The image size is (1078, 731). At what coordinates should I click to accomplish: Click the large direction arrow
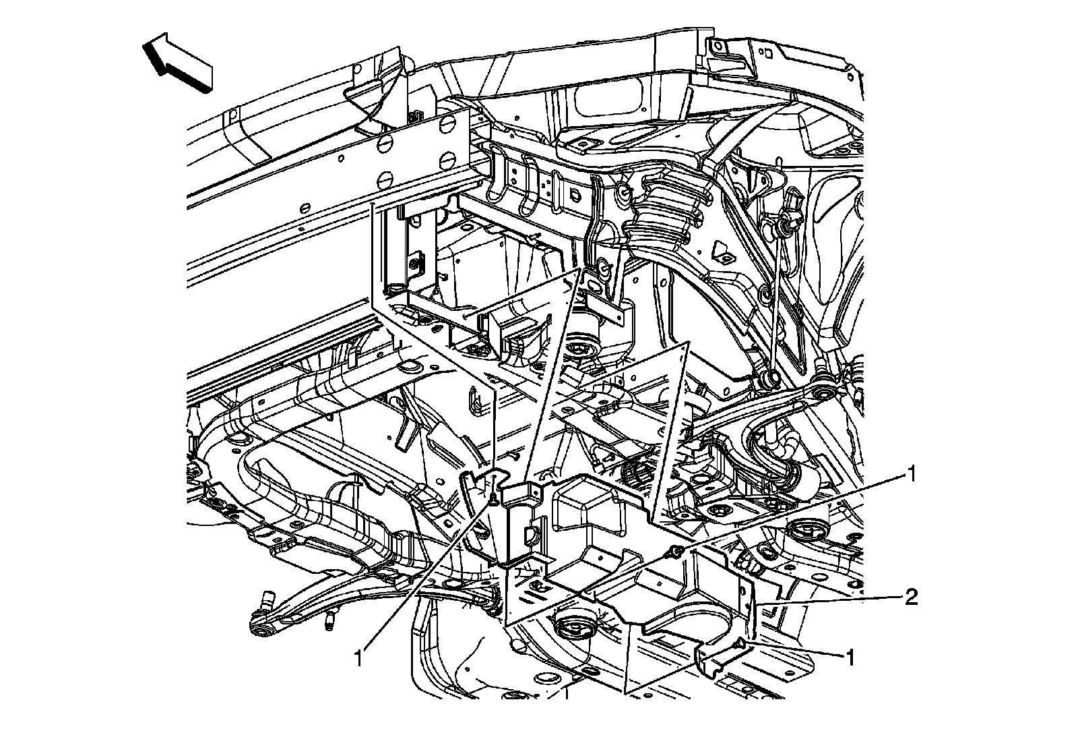tap(177, 64)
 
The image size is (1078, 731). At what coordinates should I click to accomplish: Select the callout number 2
tap(910, 597)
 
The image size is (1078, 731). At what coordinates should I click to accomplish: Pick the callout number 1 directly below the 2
tap(851, 657)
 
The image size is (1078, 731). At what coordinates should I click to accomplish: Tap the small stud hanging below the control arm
tap(331, 620)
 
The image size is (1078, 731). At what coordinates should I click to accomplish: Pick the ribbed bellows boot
tap(664, 206)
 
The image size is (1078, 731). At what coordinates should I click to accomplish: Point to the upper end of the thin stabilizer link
tap(785, 220)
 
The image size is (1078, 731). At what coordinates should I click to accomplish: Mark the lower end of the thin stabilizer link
tap(771, 378)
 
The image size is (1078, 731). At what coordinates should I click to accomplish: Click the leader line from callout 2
tap(829, 600)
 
